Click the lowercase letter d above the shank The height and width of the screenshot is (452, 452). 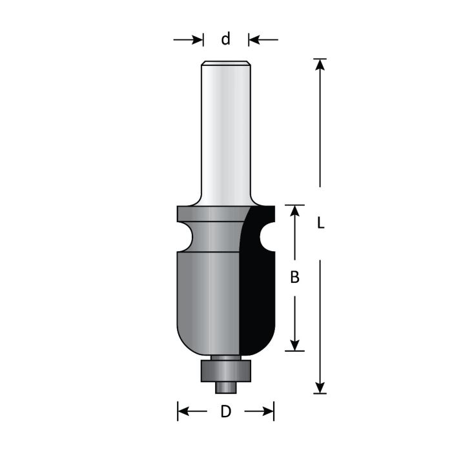tap(225, 39)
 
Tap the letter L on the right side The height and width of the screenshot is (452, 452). tap(320, 223)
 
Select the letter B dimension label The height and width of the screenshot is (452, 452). tap(294, 278)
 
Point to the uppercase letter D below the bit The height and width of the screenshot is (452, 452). tap(225, 411)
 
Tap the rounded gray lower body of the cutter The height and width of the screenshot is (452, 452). tap(207, 297)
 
